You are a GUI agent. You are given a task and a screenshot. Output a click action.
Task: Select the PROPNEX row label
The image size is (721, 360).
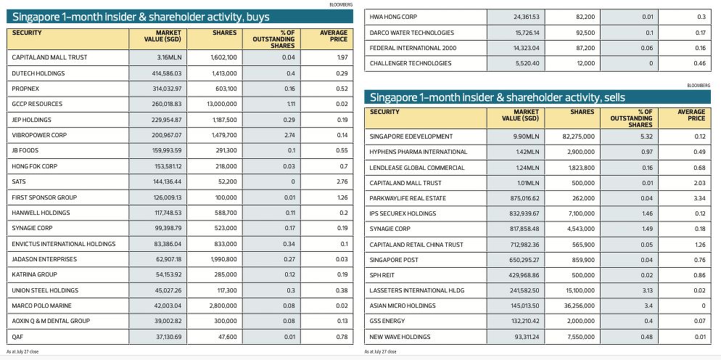click(x=22, y=89)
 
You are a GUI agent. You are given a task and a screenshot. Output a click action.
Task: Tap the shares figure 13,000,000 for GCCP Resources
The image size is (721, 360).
click(x=222, y=104)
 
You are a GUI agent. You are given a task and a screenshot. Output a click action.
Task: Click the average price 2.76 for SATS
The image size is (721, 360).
click(x=342, y=182)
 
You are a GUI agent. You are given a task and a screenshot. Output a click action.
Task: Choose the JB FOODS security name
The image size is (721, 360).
click(x=25, y=150)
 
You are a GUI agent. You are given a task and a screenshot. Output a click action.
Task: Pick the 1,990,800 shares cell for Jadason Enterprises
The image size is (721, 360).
click(x=225, y=259)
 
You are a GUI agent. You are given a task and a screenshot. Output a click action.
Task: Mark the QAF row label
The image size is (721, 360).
click(x=17, y=337)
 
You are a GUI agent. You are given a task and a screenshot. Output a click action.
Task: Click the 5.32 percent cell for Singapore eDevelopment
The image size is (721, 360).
click(x=646, y=136)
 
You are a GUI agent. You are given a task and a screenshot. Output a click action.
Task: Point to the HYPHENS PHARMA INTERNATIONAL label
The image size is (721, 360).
click(x=419, y=152)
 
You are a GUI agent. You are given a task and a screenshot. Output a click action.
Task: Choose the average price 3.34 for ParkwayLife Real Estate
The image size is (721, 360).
click(x=699, y=198)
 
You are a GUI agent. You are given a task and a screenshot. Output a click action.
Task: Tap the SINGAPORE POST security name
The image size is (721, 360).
click(x=394, y=260)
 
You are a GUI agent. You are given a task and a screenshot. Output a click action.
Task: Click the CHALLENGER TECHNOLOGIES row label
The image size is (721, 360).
click(x=411, y=63)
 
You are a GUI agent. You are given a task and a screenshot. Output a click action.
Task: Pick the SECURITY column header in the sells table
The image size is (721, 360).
click(x=385, y=112)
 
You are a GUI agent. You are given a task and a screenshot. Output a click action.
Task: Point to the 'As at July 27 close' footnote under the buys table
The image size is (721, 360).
click(x=22, y=352)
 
